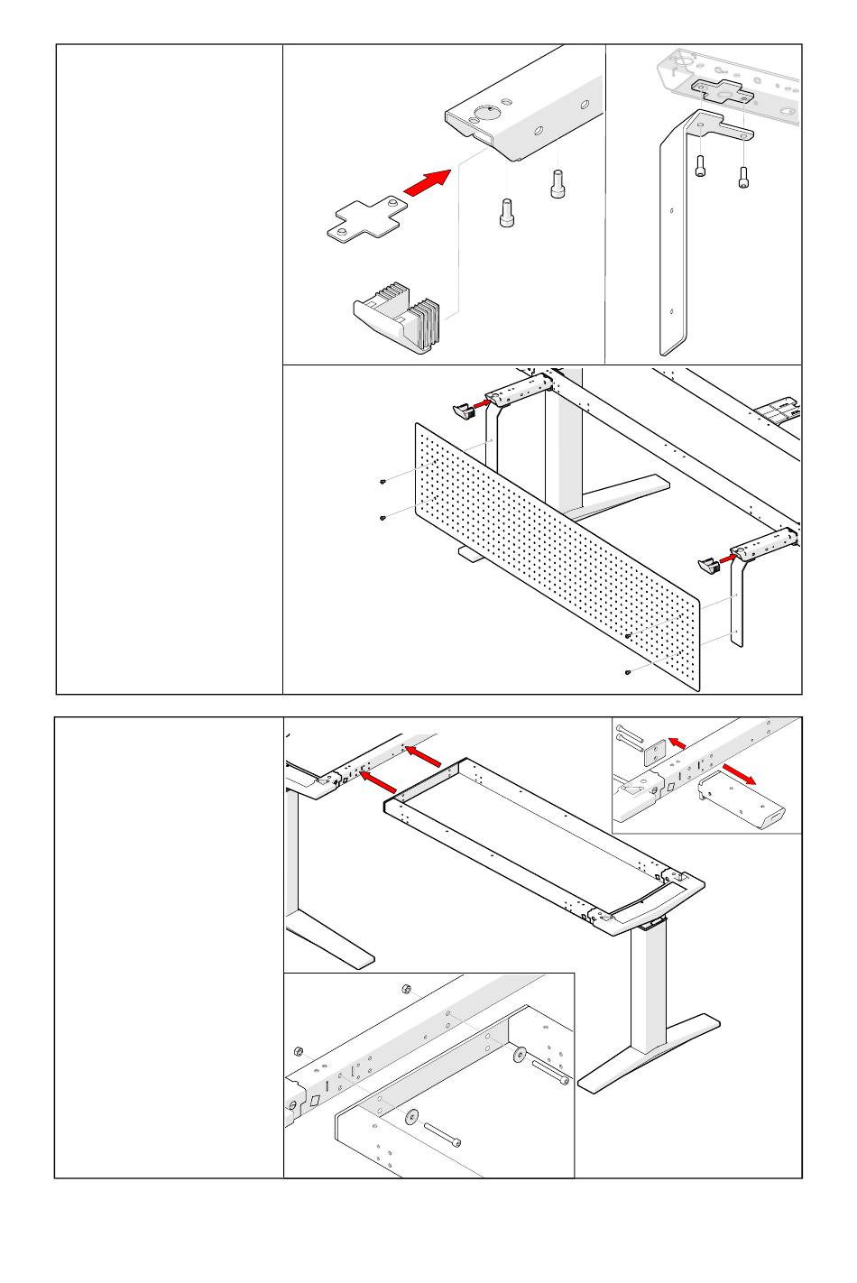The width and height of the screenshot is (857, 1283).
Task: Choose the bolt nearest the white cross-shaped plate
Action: click(508, 214)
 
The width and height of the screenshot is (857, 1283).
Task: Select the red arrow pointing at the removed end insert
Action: click(744, 772)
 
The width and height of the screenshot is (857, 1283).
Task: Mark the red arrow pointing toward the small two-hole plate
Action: click(677, 743)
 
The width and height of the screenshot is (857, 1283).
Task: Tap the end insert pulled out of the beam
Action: click(742, 799)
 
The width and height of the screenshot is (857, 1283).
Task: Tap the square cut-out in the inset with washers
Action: click(316, 1101)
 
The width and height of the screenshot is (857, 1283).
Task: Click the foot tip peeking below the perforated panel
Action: click(469, 556)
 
